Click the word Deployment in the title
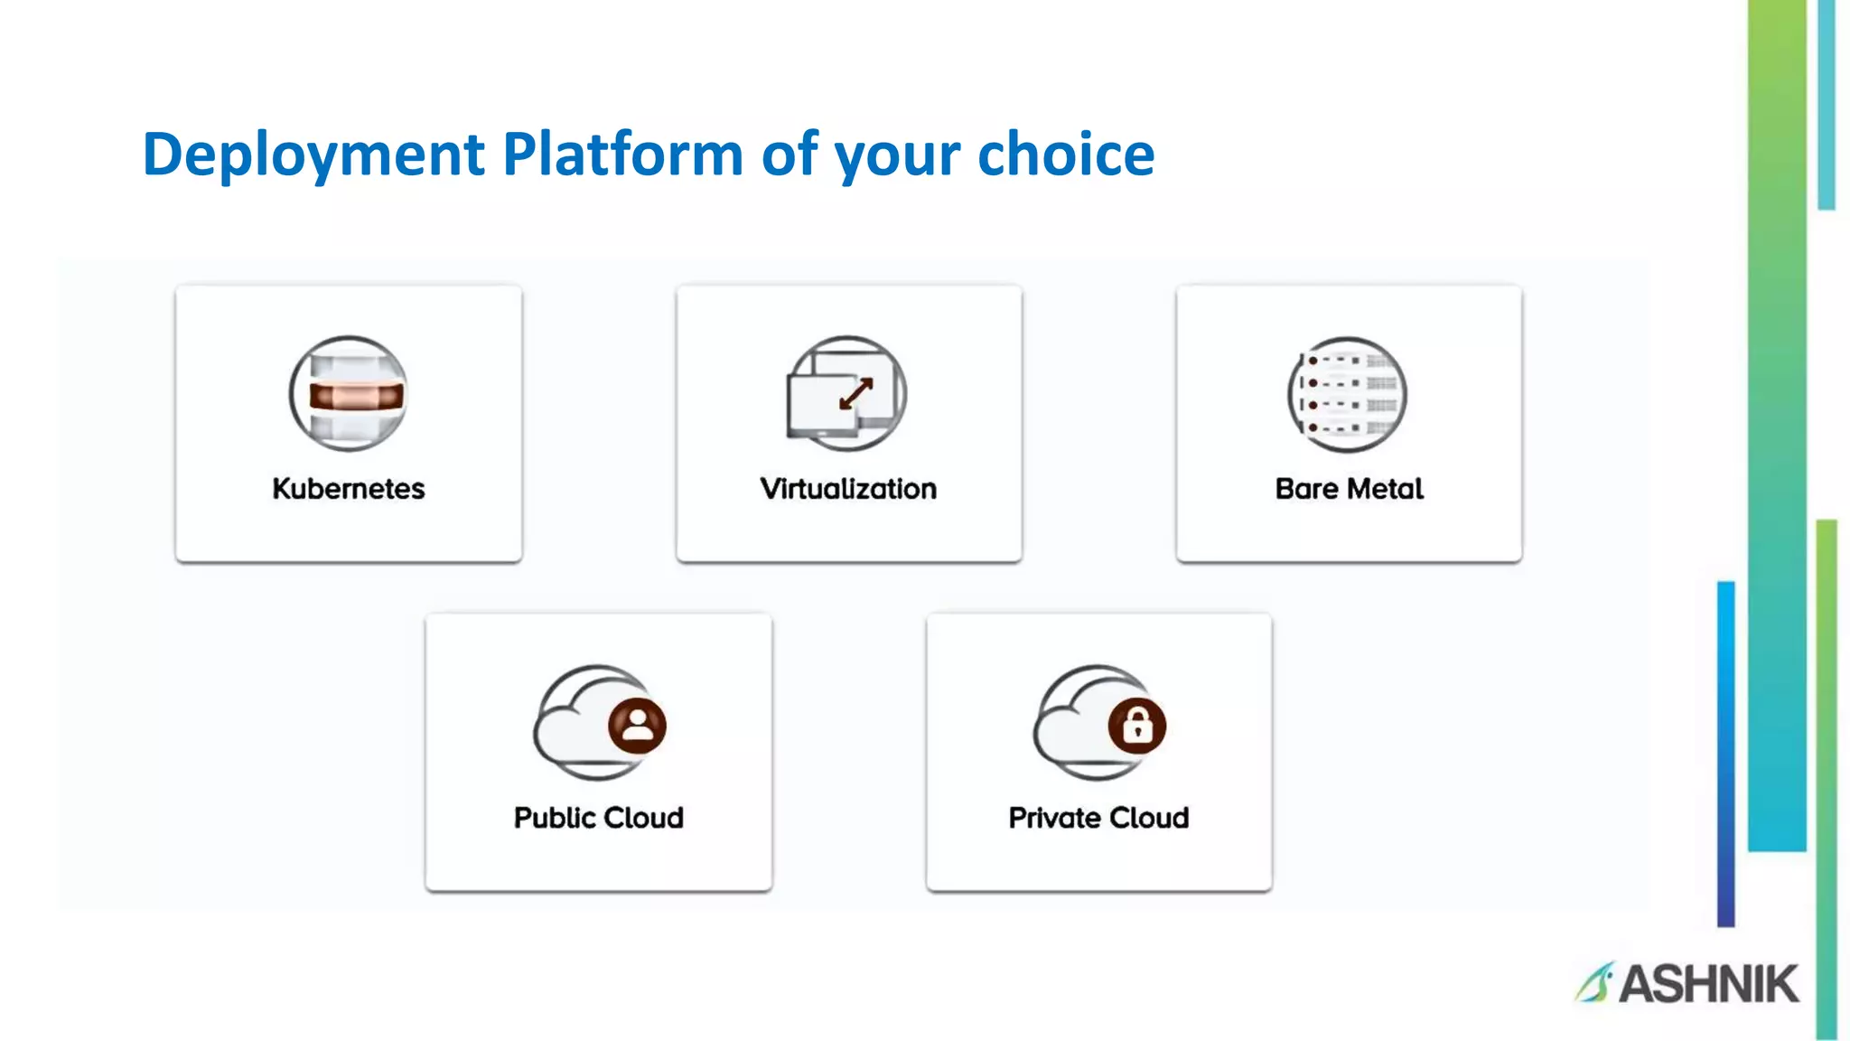pos(313,155)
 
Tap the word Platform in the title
pos(622,153)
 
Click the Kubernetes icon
pos(349,394)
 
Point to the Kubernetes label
pos(349,489)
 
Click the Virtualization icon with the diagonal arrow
pos(847,394)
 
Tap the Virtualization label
pos(848,489)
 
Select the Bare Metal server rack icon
pos(1348,395)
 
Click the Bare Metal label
pos(1349,489)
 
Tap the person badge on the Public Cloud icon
pos(638,725)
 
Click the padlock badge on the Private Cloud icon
pos(1137,725)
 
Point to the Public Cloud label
pos(599,818)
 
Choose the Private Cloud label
pos(1098,818)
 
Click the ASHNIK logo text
pos(1708,984)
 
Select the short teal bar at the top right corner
pos(1827,104)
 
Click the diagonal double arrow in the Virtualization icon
pos(855,394)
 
